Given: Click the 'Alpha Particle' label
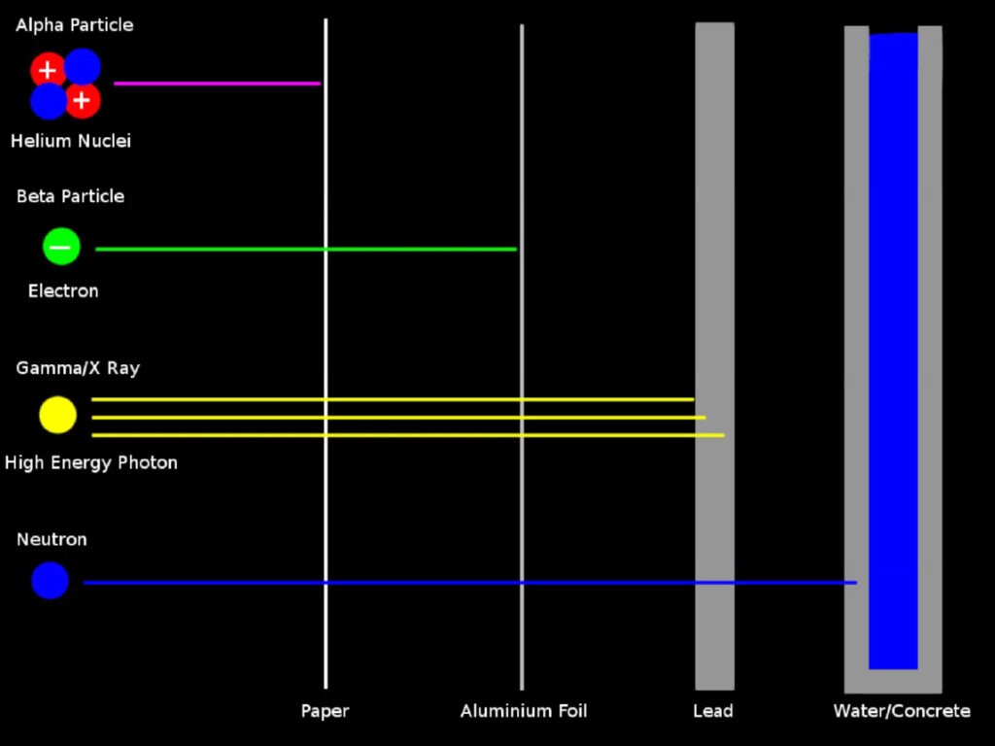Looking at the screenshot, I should [75, 25].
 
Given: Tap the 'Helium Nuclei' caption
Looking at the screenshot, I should [71, 141].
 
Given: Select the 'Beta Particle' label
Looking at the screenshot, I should [70, 196].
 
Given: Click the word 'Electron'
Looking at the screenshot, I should [63, 290].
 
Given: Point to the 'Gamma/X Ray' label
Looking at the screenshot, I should [78, 368].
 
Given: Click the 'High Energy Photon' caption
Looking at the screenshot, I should [91, 462].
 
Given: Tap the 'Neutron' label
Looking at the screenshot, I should [51, 539].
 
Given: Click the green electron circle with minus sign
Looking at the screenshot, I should [60, 247].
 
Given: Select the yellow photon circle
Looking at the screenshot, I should [57, 415].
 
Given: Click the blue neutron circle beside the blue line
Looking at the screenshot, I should [50, 580].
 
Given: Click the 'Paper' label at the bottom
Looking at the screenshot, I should [325, 711].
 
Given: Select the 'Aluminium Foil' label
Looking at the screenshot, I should [524, 711].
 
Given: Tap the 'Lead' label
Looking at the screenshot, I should [713, 711].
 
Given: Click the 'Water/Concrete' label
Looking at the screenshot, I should [902, 711].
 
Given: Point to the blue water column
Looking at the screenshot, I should [893, 291].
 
